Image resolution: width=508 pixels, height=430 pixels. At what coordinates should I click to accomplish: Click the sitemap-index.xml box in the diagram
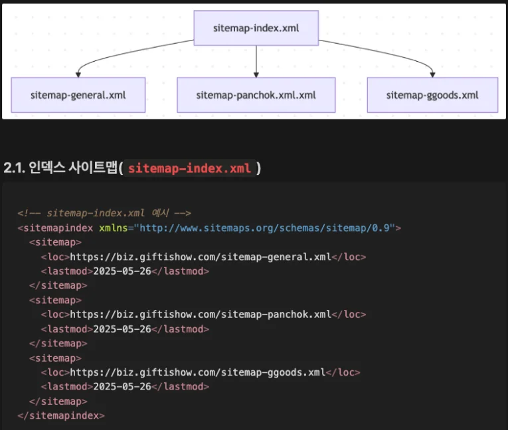click(x=256, y=28)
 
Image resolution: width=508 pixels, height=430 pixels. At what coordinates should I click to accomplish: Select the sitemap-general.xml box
click(x=78, y=95)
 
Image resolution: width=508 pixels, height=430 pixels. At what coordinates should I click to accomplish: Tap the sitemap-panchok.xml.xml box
click(x=256, y=95)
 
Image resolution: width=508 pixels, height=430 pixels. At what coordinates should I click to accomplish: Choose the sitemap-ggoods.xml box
click(x=432, y=95)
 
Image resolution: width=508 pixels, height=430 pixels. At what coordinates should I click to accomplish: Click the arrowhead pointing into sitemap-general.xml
click(x=78, y=75)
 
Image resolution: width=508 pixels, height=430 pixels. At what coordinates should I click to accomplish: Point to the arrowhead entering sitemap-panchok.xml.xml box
click(x=256, y=75)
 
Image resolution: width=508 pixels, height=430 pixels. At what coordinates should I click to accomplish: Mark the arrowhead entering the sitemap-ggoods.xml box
click(x=432, y=75)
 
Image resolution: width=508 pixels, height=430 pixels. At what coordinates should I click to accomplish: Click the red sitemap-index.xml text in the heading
click(x=189, y=169)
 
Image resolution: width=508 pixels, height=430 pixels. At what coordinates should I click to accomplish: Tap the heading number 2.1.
click(x=14, y=168)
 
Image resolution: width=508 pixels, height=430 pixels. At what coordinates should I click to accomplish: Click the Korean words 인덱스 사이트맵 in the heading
click(x=73, y=167)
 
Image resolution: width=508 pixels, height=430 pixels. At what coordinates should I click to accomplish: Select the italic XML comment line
click(x=104, y=213)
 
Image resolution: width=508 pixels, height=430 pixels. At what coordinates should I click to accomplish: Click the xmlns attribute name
click(x=114, y=228)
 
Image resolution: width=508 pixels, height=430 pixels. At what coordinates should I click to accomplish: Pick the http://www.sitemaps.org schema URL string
click(x=264, y=228)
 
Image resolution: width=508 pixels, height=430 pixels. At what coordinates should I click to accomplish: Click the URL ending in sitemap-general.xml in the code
click(x=201, y=257)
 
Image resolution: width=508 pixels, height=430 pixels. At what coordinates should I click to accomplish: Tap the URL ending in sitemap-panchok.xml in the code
click(x=201, y=315)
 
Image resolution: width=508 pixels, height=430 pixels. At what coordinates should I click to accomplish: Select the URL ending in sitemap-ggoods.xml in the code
click(x=198, y=372)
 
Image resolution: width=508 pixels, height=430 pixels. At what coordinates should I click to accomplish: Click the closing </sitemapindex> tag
click(x=61, y=416)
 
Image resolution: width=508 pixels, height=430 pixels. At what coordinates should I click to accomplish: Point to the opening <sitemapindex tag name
click(x=55, y=228)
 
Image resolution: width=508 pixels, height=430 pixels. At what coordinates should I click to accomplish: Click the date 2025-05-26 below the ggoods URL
click(x=122, y=387)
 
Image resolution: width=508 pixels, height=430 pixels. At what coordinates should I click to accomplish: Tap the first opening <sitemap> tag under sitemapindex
click(x=55, y=242)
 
